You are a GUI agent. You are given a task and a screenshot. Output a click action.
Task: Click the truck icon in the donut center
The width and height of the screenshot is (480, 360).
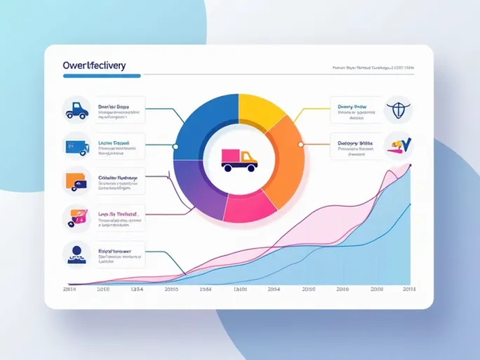[238, 159]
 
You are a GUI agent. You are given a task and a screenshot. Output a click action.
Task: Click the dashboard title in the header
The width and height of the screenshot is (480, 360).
[94, 65]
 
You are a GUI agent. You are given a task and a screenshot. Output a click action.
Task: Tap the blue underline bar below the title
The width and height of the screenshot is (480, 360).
[102, 76]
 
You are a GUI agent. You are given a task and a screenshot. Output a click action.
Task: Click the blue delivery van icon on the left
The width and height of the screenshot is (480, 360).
[75, 145]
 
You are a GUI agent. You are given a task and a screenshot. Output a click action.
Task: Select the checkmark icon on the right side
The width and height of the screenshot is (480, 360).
[399, 145]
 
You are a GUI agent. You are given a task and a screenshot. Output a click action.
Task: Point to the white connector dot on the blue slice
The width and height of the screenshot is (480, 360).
[175, 147]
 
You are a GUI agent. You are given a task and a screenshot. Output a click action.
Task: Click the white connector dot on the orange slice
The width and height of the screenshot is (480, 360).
[300, 144]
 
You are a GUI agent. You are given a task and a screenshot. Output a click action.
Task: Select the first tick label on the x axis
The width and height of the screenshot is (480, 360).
[69, 288]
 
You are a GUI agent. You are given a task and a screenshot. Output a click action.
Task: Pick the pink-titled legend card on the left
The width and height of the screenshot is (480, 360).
[112, 218]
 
